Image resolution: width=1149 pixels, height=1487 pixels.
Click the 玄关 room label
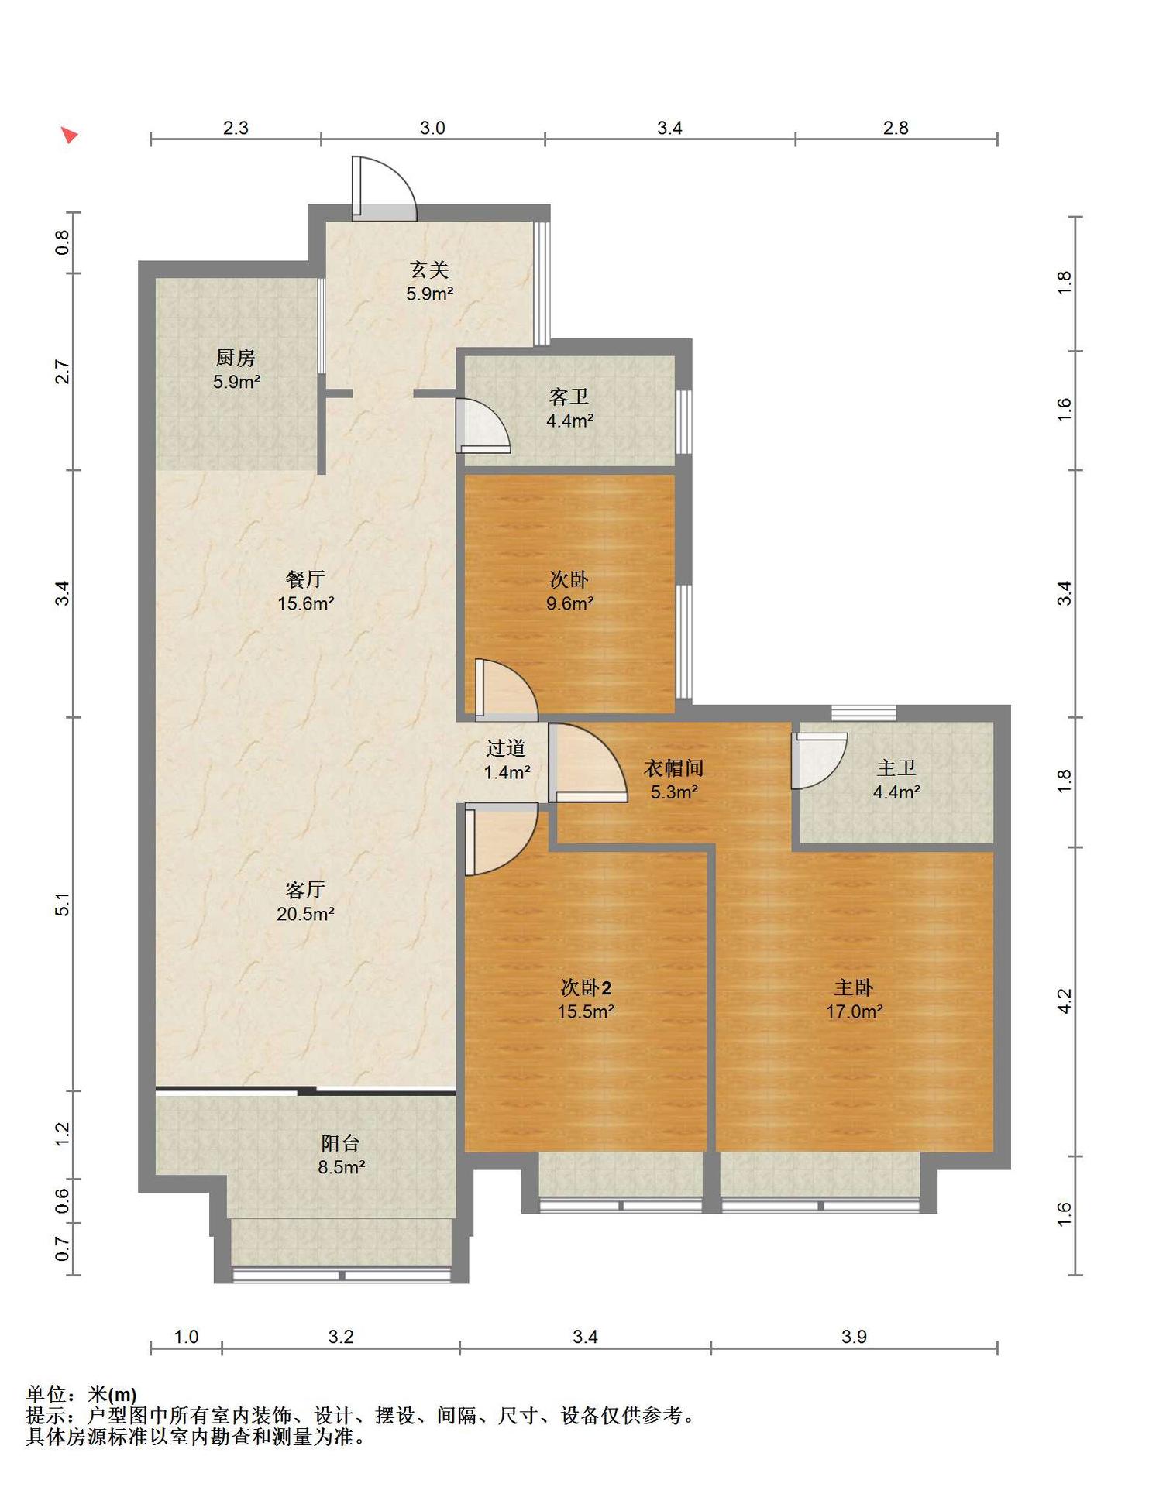point(429,270)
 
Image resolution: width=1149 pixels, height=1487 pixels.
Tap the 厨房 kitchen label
point(236,358)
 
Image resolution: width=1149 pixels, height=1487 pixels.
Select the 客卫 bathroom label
point(569,397)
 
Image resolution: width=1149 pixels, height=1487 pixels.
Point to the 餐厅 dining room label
point(305,579)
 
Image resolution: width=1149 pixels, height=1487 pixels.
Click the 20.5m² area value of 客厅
point(305,914)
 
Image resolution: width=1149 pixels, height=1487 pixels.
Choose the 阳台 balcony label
point(340,1143)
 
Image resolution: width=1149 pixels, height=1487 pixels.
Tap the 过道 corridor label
point(506,748)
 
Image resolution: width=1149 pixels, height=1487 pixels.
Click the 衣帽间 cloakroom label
point(673,768)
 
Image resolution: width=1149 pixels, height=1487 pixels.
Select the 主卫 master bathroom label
point(896,768)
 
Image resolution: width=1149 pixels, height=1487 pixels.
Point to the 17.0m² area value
point(854,1011)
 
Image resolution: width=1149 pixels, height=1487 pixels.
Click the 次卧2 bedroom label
point(586,987)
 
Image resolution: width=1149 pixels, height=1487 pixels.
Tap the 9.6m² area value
point(569,603)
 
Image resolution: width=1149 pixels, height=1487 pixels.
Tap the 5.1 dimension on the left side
point(62,905)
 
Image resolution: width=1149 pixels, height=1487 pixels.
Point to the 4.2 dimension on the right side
point(1065,1001)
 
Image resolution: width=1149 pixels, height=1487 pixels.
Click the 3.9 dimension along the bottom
point(854,1337)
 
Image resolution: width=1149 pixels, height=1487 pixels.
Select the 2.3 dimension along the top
point(236,128)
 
